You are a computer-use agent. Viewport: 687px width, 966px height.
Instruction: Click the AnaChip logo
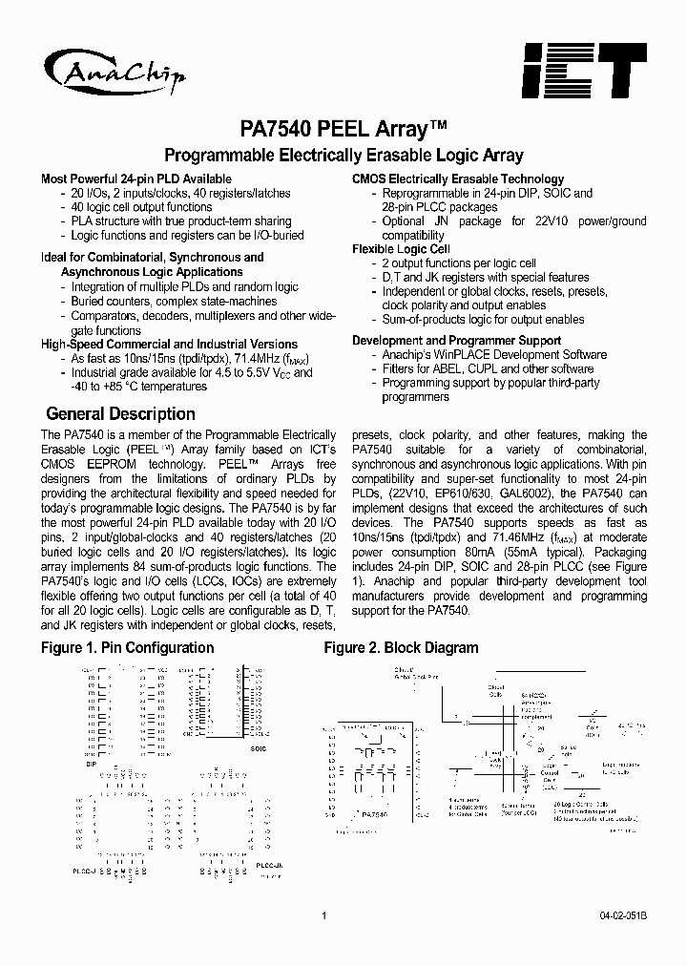[x=115, y=69]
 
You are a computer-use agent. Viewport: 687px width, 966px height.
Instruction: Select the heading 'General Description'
[x=120, y=414]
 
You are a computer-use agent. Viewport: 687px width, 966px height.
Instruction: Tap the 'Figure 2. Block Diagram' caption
[x=401, y=647]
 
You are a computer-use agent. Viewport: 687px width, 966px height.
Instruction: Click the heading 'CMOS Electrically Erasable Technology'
[x=458, y=178]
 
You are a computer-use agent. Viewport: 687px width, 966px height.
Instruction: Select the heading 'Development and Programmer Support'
[x=456, y=340]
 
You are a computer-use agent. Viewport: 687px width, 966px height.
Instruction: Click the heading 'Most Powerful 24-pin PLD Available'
[x=136, y=178]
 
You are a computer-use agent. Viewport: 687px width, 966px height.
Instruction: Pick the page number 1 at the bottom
[x=324, y=915]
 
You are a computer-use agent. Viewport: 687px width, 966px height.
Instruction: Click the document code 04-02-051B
[x=623, y=915]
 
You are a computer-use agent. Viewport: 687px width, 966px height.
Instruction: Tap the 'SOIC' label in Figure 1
[x=259, y=748]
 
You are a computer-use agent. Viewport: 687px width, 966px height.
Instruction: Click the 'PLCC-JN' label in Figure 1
[x=269, y=865]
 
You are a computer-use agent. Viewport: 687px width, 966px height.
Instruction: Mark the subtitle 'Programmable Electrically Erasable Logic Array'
[x=343, y=155]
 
